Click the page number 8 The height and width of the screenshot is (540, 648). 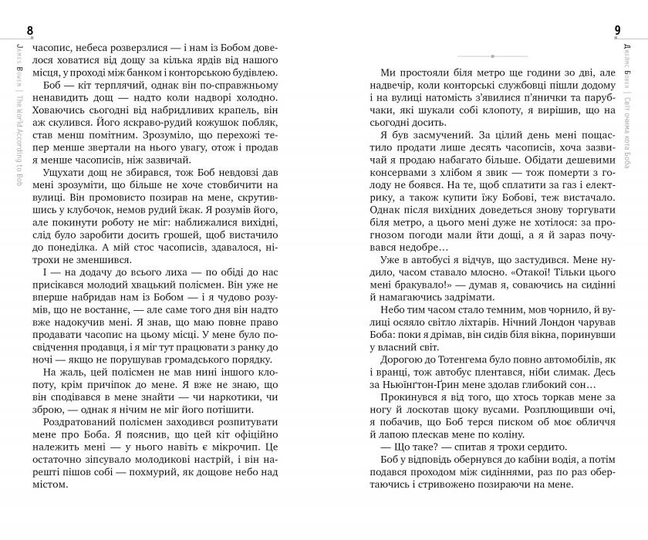pos(30,30)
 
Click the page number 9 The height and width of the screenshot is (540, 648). pos(618,30)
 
